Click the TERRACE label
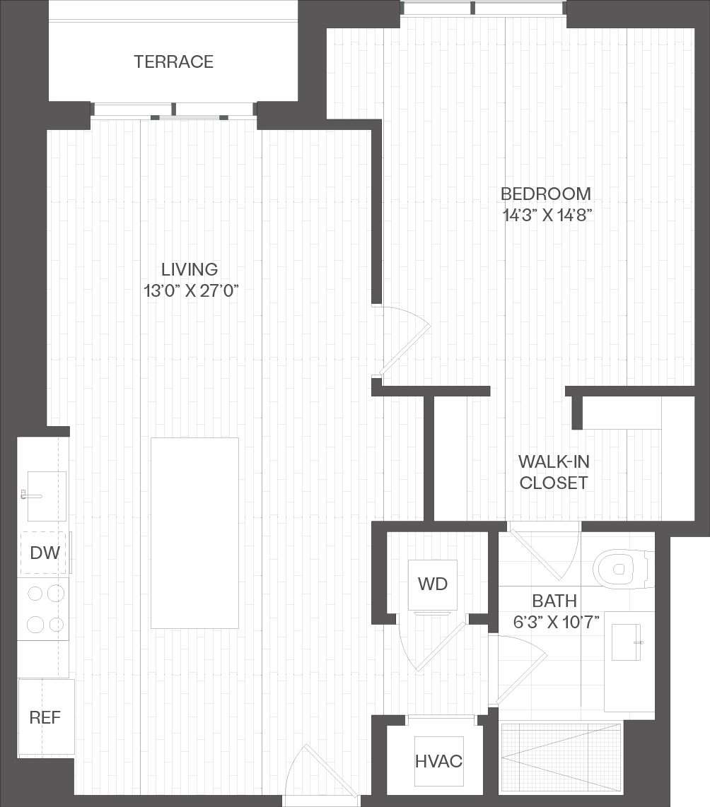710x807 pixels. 173,61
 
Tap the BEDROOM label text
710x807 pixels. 546,194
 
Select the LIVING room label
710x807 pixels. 190,269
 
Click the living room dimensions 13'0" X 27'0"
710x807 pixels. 191,291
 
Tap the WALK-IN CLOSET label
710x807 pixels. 554,473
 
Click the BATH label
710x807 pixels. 554,601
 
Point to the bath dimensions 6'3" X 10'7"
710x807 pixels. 556,623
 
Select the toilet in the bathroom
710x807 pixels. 623,570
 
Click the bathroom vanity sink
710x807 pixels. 626,642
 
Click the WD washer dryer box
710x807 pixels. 433,584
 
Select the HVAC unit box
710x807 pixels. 438,761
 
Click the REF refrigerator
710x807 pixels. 47,717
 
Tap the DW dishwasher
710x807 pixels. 45,553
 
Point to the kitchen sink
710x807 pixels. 47,496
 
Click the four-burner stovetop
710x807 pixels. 43,609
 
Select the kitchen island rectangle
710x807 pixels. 194,534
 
